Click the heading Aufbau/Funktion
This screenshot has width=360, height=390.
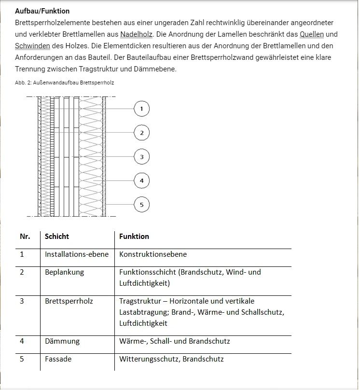click(42, 11)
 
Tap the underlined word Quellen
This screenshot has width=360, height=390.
click(311, 34)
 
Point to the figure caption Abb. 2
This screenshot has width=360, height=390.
click(64, 83)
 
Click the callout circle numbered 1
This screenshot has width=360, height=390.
click(141, 109)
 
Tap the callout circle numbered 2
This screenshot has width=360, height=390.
click(141, 133)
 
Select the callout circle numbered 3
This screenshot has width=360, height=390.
click(141, 157)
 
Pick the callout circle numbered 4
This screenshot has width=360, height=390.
click(141, 181)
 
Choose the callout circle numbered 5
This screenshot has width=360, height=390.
click(141, 205)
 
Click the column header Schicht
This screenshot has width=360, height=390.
click(57, 237)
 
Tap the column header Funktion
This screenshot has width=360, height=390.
click(134, 237)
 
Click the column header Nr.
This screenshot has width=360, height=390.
click(25, 237)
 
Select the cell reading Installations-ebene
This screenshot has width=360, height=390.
click(77, 254)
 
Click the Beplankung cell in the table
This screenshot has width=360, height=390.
click(64, 272)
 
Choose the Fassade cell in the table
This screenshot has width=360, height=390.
click(58, 359)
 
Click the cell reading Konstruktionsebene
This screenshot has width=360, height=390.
click(153, 254)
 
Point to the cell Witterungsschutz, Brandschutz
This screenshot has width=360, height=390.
click(171, 359)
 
